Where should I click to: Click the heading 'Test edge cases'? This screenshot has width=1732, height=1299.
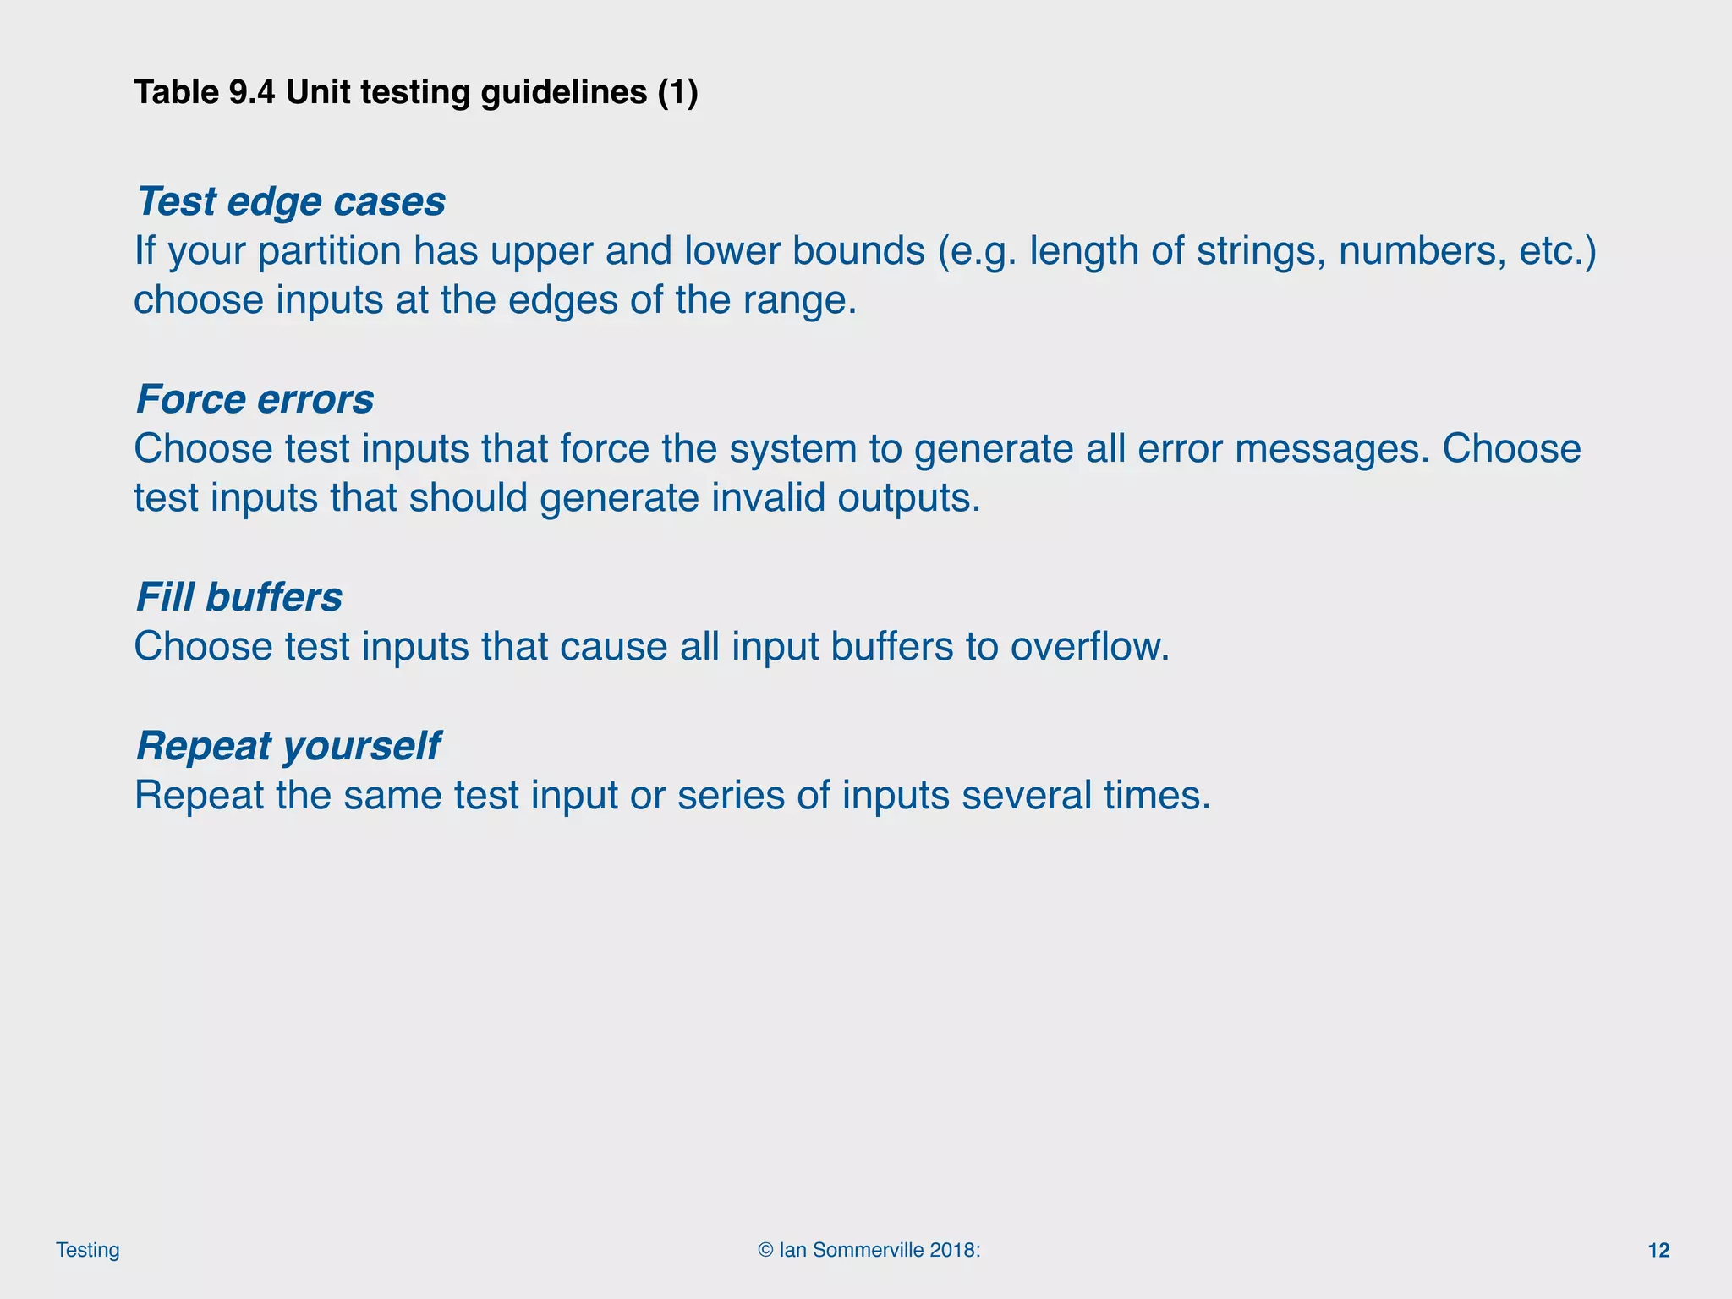tap(290, 202)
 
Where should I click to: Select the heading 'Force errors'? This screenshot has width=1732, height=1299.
tap(255, 400)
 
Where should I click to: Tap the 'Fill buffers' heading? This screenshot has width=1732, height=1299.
tap(238, 598)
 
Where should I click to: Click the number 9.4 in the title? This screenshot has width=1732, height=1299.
tap(251, 92)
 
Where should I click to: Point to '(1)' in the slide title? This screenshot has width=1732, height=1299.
tap(677, 92)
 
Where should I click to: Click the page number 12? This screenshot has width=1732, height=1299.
tap(1658, 1251)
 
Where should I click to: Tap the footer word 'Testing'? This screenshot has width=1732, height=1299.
tap(88, 1251)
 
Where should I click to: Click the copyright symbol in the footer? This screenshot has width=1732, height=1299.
tap(766, 1251)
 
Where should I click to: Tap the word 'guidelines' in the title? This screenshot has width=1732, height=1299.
tap(564, 92)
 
